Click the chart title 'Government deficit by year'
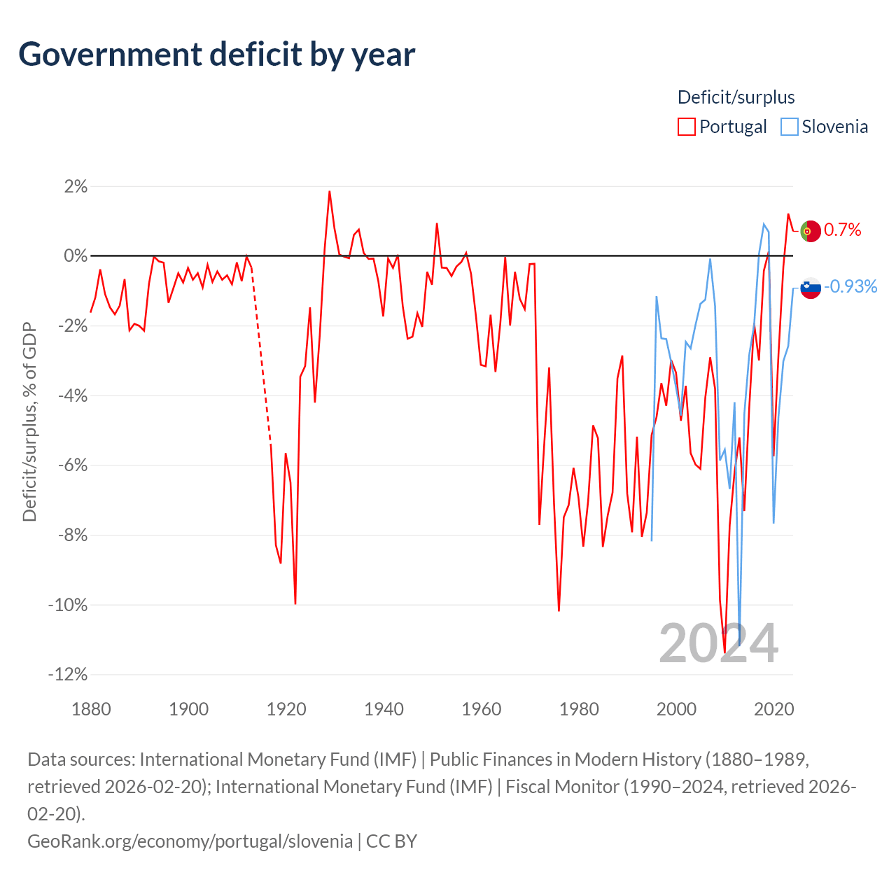pos(216,55)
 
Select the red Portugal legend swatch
pos(686,127)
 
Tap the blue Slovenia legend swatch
pos(789,127)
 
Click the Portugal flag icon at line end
pos(811,231)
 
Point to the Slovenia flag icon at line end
pos(811,288)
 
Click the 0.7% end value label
pos(842,230)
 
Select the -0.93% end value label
pos(850,286)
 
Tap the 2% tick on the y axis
pos(76,186)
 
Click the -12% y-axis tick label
pos(68,673)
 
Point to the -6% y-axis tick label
pos(73,465)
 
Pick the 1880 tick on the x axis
pos(91,709)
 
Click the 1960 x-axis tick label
pos(481,709)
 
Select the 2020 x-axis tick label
pos(773,709)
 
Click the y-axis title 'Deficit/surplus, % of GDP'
pos(30,421)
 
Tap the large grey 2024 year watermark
pos(718,643)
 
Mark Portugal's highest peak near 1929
pos(330,192)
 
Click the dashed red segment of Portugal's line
pos(261,356)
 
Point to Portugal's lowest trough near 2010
pos(724,652)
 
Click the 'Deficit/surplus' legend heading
pos(736,97)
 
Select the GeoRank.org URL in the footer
pos(190,841)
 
